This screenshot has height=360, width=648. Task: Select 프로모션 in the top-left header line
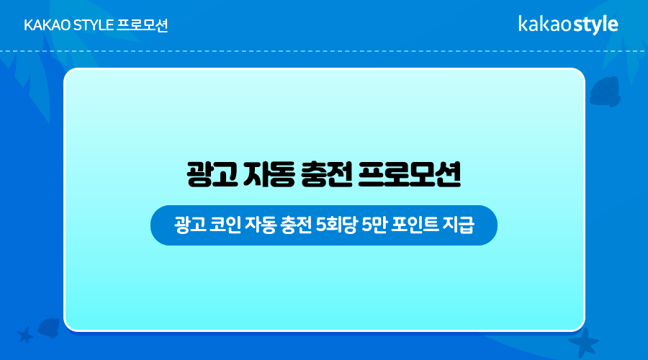(143, 25)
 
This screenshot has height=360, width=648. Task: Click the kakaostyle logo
(568, 24)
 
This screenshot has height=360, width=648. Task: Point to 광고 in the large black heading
(212, 174)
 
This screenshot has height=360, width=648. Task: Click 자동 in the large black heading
(270, 174)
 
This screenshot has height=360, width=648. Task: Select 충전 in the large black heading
(327, 174)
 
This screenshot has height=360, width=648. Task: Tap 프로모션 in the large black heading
(409, 174)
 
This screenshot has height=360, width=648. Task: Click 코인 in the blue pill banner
(225, 225)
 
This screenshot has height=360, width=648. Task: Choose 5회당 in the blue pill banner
(336, 225)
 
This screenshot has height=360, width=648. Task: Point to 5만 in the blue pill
(374, 225)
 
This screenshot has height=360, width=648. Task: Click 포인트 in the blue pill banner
(415, 225)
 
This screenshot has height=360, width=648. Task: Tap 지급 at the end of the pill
(459, 225)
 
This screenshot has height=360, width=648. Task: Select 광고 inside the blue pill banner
(189, 225)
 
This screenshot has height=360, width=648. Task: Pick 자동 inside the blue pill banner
(261, 225)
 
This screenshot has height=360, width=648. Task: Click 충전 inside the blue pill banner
(296, 225)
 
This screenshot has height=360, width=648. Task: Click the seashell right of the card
(606, 91)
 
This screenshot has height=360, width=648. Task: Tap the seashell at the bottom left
(49, 328)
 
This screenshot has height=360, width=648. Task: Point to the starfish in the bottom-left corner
(26, 335)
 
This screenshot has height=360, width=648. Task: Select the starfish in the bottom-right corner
(583, 343)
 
